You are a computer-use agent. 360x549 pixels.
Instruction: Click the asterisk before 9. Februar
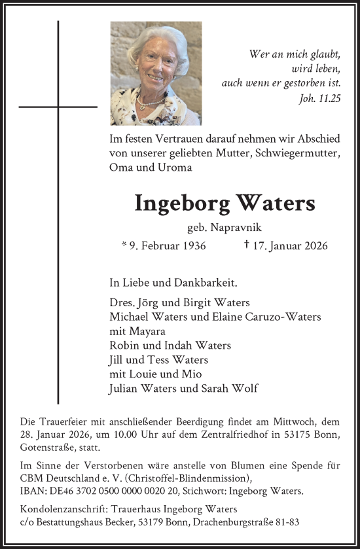124,246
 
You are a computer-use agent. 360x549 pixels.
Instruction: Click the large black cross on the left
58,107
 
